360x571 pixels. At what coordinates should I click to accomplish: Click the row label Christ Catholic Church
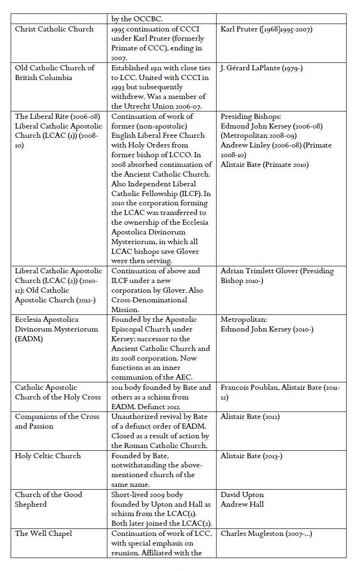(x=54, y=29)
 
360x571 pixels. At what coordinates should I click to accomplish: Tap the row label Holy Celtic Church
(x=49, y=456)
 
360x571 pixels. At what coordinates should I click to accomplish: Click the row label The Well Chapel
(x=43, y=534)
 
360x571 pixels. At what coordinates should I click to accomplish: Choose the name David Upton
(x=242, y=495)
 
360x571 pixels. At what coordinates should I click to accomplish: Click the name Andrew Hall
(x=242, y=504)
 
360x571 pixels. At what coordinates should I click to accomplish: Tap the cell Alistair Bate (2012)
(x=250, y=417)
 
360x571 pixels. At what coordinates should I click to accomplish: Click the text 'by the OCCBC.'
(x=137, y=19)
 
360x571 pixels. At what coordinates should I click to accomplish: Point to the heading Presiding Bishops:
(x=250, y=117)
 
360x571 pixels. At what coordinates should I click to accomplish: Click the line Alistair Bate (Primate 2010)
(x=264, y=165)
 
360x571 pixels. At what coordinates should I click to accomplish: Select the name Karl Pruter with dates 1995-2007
(x=266, y=29)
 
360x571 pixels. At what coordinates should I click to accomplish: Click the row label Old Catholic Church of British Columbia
(x=55, y=73)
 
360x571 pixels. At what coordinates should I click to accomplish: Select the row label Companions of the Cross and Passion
(x=57, y=421)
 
